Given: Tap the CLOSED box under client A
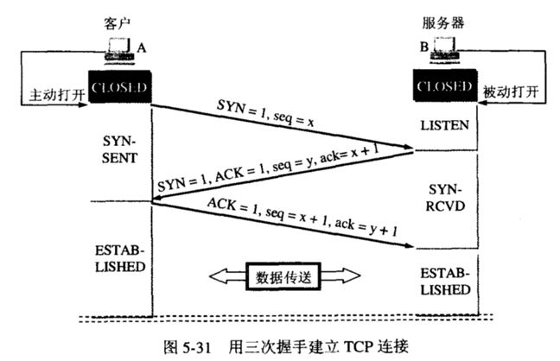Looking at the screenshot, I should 120,89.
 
